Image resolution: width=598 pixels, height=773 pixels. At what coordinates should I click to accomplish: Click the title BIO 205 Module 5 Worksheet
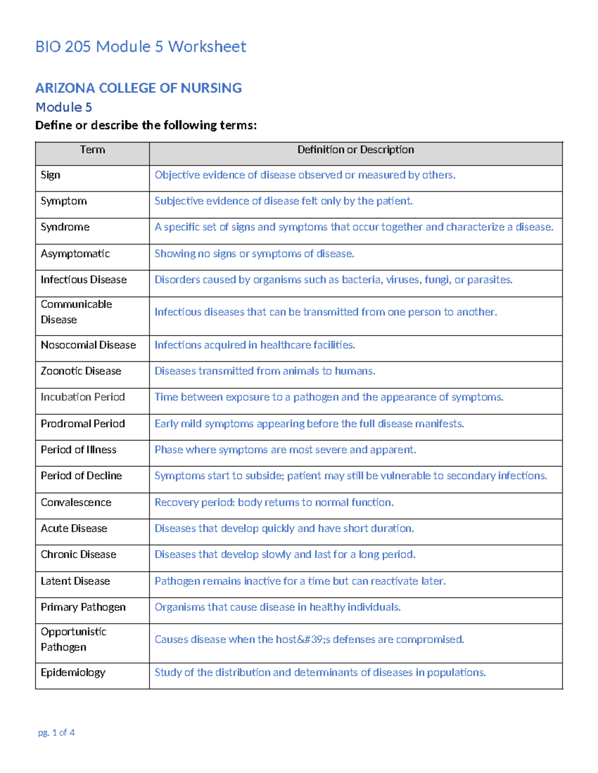coord(141,47)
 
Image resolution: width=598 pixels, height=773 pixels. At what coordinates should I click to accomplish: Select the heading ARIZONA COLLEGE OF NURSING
coord(138,88)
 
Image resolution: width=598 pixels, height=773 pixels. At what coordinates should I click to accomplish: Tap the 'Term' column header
coord(92,150)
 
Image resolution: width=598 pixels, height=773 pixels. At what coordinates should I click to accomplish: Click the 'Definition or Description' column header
coord(355,150)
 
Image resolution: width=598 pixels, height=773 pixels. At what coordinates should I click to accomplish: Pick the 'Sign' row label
coord(50,175)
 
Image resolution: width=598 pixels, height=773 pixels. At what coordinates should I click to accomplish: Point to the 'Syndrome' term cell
coord(65,227)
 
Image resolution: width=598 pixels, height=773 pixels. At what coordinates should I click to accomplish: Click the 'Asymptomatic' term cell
coord(75,254)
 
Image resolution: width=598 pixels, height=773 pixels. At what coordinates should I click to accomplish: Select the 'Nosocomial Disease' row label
coord(88,345)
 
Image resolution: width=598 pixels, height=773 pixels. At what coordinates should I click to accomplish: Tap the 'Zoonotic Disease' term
coord(81,371)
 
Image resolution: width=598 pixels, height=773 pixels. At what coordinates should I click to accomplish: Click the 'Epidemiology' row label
coord(73,672)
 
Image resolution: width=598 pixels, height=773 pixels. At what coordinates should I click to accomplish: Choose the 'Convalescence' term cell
coord(76,502)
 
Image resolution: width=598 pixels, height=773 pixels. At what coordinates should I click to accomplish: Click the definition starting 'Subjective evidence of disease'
coord(283,201)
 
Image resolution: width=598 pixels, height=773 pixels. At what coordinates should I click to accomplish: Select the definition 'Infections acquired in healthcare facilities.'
coord(254,345)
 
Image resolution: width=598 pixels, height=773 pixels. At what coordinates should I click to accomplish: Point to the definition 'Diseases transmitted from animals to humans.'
coord(265,371)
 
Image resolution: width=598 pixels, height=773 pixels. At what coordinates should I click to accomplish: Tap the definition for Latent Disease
coord(299,581)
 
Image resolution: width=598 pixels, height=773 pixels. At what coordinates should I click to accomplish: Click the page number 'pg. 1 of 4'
coord(56,733)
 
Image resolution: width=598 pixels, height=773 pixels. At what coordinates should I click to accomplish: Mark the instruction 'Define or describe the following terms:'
coord(146,125)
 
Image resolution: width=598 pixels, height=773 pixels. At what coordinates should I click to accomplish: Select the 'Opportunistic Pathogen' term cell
coord(73,640)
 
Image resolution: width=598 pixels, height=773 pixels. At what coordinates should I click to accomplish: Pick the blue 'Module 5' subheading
coord(63,108)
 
